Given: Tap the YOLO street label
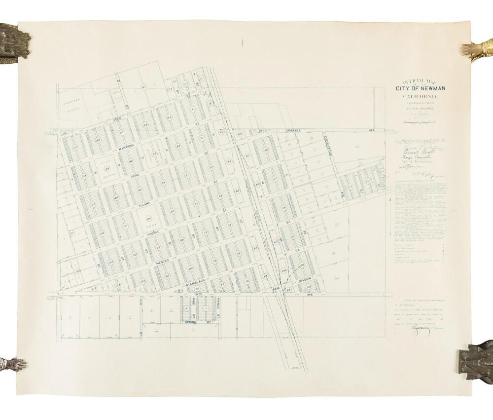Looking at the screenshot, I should tap(117, 120).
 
